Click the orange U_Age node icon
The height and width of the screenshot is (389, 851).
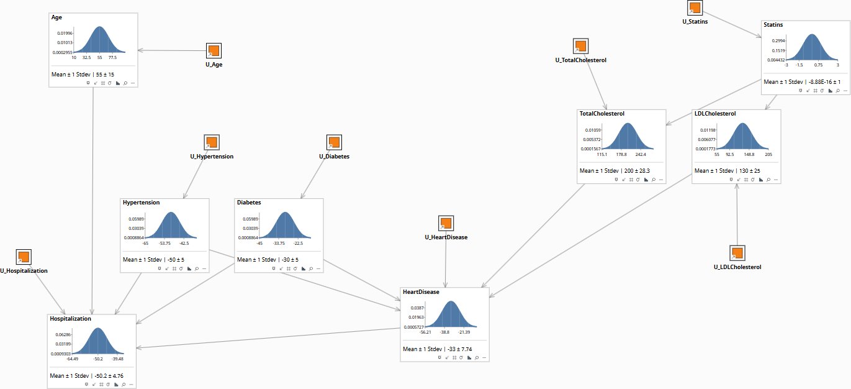coord(214,50)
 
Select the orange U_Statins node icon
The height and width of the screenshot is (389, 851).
coord(695,7)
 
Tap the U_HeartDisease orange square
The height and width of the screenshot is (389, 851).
coord(446,223)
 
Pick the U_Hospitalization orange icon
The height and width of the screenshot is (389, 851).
coord(24,257)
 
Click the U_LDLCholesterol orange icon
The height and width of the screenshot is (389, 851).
coord(737,253)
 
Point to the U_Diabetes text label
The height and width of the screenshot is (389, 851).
coord(335,157)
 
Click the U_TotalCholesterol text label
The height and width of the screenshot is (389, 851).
coord(580,60)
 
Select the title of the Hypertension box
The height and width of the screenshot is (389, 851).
coord(141,203)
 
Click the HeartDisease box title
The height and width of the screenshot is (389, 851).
coord(421,291)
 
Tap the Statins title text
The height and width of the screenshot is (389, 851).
coord(773,25)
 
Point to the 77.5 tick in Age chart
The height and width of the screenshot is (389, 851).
coord(112,57)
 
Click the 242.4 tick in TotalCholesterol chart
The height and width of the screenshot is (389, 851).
coord(641,154)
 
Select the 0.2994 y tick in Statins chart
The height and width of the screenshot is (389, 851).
coord(778,40)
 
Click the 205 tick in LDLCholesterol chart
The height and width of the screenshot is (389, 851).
coord(768,154)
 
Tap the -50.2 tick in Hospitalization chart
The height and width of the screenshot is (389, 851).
coord(98,359)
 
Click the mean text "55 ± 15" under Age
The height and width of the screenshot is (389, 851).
coord(106,75)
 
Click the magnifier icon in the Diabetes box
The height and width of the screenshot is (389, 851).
coord(311,269)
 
